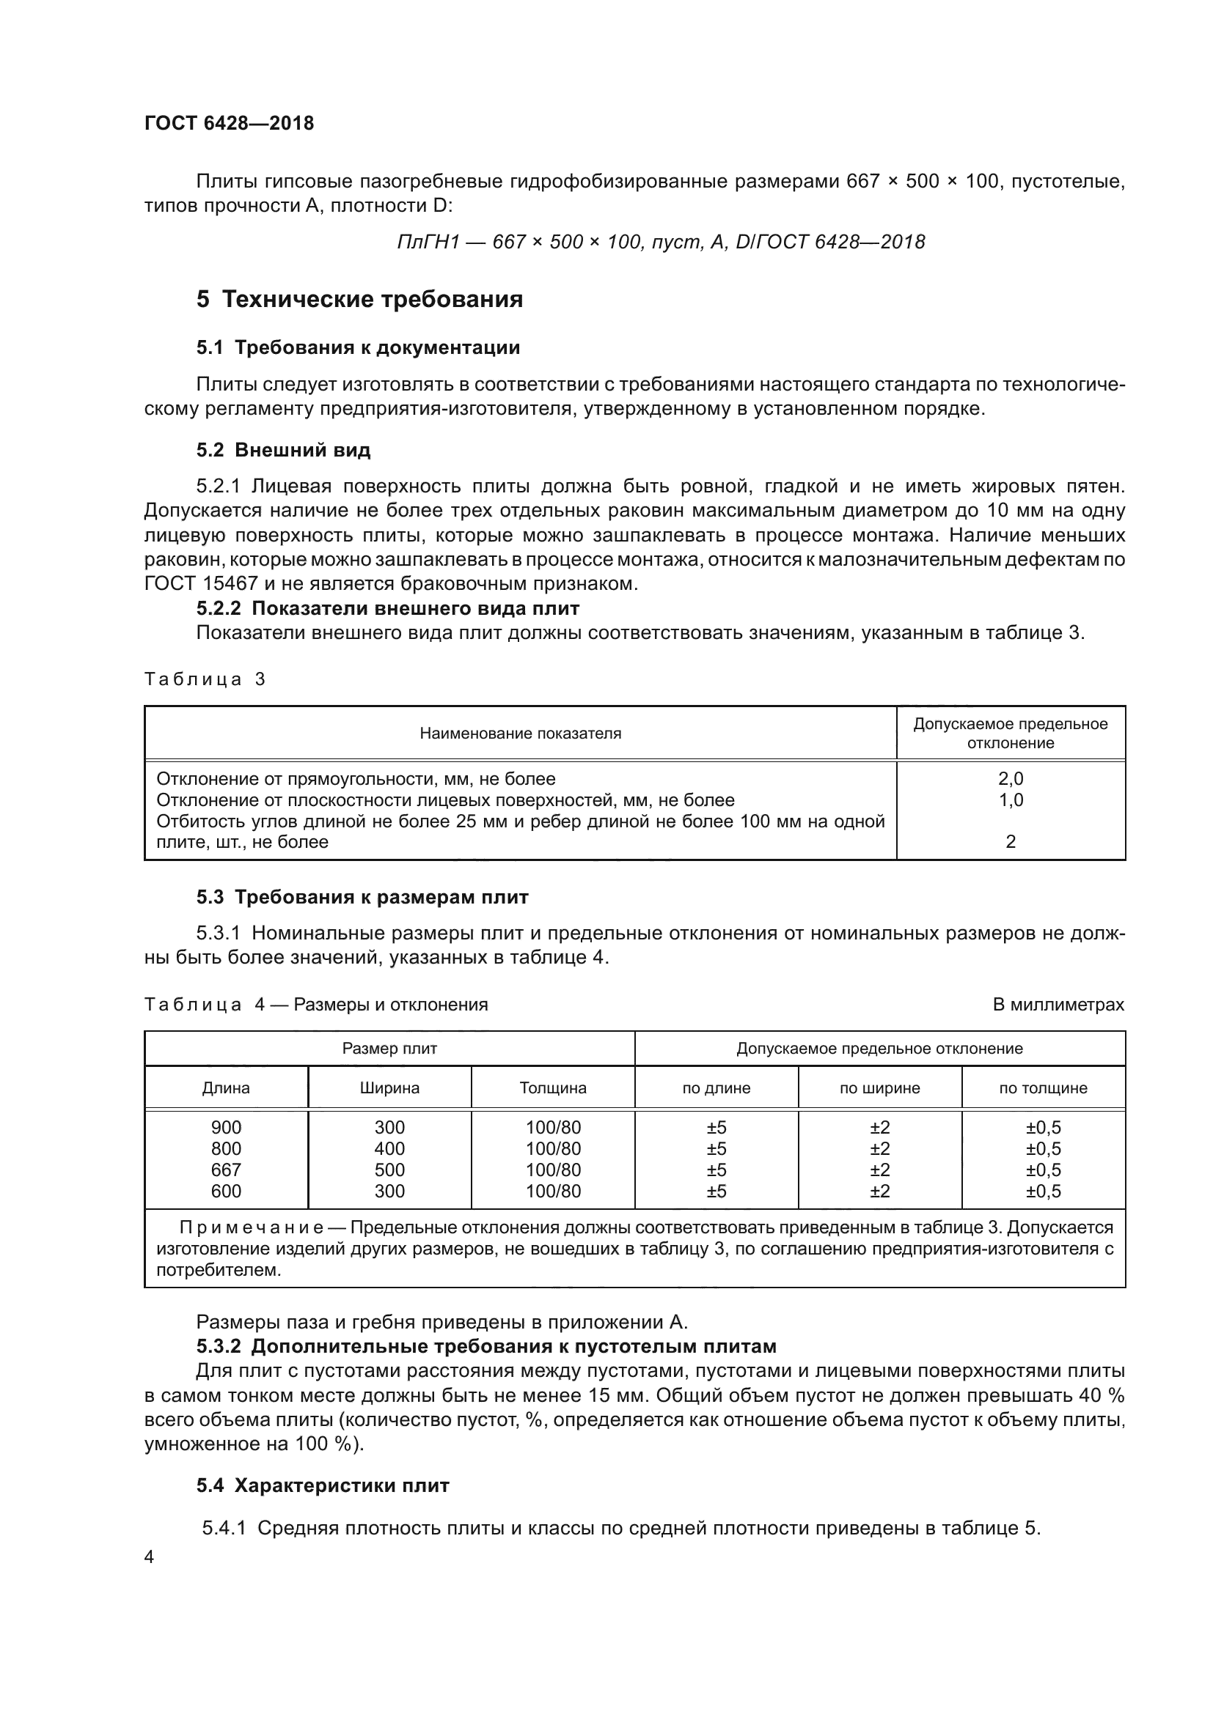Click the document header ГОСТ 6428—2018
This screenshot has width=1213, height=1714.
pyautogui.click(x=230, y=123)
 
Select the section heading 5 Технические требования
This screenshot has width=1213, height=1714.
pyautogui.click(x=359, y=300)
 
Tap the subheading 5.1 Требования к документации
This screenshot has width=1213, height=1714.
pyautogui.click(x=359, y=348)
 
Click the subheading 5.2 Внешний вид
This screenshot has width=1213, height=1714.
pyautogui.click(x=284, y=450)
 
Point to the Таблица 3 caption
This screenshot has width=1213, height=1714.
pyautogui.click(x=205, y=679)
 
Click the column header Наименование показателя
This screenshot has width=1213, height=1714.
pyautogui.click(x=520, y=734)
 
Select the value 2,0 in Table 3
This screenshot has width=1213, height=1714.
pyautogui.click(x=1011, y=779)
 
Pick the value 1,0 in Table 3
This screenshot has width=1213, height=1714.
pyautogui.click(x=1011, y=800)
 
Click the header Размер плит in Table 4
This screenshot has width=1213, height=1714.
pyautogui.click(x=389, y=1049)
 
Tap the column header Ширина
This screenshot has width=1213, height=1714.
pyautogui.click(x=389, y=1088)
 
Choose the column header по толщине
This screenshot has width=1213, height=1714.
pyautogui.click(x=1043, y=1088)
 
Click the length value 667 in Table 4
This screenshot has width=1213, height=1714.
pyautogui.click(x=226, y=1170)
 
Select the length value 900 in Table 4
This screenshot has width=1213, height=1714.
pyautogui.click(x=226, y=1127)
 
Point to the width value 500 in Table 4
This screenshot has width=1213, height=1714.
pyautogui.click(x=389, y=1170)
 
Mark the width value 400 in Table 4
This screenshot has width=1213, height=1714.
pyautogui.click(x=389, y=1149)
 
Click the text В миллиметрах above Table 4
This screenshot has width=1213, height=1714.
pyautogui.click(x=1058, y=1005)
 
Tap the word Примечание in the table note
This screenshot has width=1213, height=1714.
pyautogui.click(x=252, y=1228)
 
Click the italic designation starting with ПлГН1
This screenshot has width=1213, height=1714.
pyautogui.click(x=661, y=242)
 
